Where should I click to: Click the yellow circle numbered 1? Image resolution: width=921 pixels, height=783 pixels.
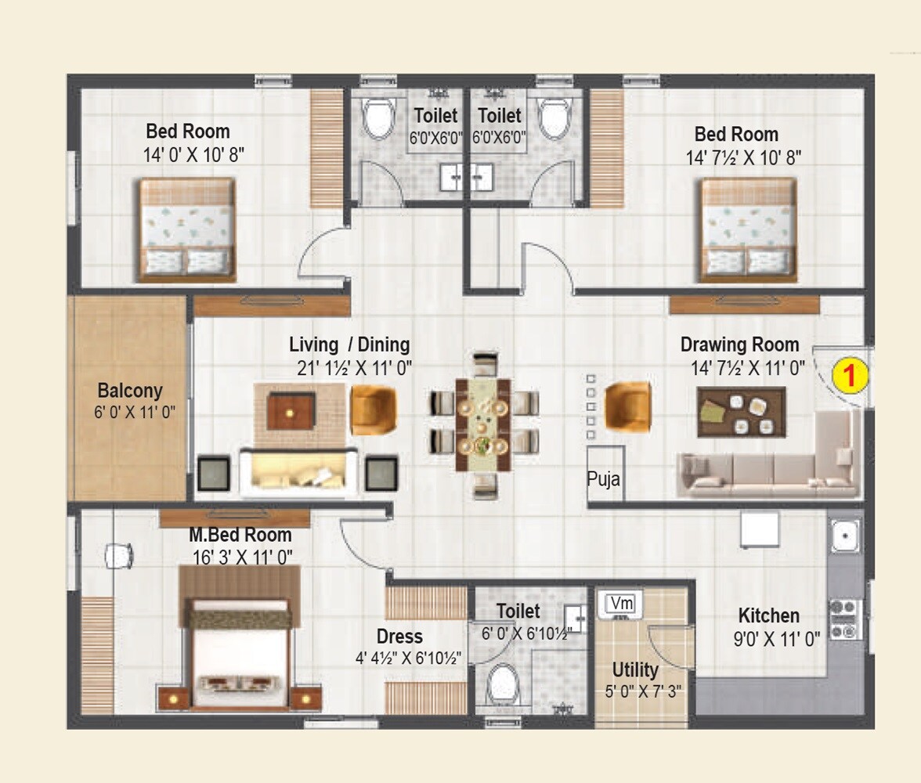tap(850, 376)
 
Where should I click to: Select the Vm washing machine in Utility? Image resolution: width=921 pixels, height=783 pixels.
tap(621, 604)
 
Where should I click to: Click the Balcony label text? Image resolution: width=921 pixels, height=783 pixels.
tap(130, 391)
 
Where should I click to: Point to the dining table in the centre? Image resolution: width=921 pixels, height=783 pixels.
tap(483, 426)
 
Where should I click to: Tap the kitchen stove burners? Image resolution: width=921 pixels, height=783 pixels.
tap(845, 619)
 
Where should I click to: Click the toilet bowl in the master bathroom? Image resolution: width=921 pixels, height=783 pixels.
tap(502, 684)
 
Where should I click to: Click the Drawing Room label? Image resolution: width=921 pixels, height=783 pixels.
tap(739, 345)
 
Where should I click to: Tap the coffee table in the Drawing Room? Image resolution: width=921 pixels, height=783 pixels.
tap(741, 412)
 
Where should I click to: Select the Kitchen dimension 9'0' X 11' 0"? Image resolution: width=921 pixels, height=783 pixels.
tap(776, 639)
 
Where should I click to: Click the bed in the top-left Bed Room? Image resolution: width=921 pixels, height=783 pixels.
tap(187, 229)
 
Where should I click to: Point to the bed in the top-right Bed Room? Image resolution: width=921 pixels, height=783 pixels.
tap(748, 229)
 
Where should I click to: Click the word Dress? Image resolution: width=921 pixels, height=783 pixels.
tap(399, 637)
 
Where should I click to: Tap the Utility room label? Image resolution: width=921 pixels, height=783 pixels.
tap(635, 670)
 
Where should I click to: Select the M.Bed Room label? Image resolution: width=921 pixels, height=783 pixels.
tap(240, 536)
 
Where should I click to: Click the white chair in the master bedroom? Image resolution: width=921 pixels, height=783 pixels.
tap(119, 555)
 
